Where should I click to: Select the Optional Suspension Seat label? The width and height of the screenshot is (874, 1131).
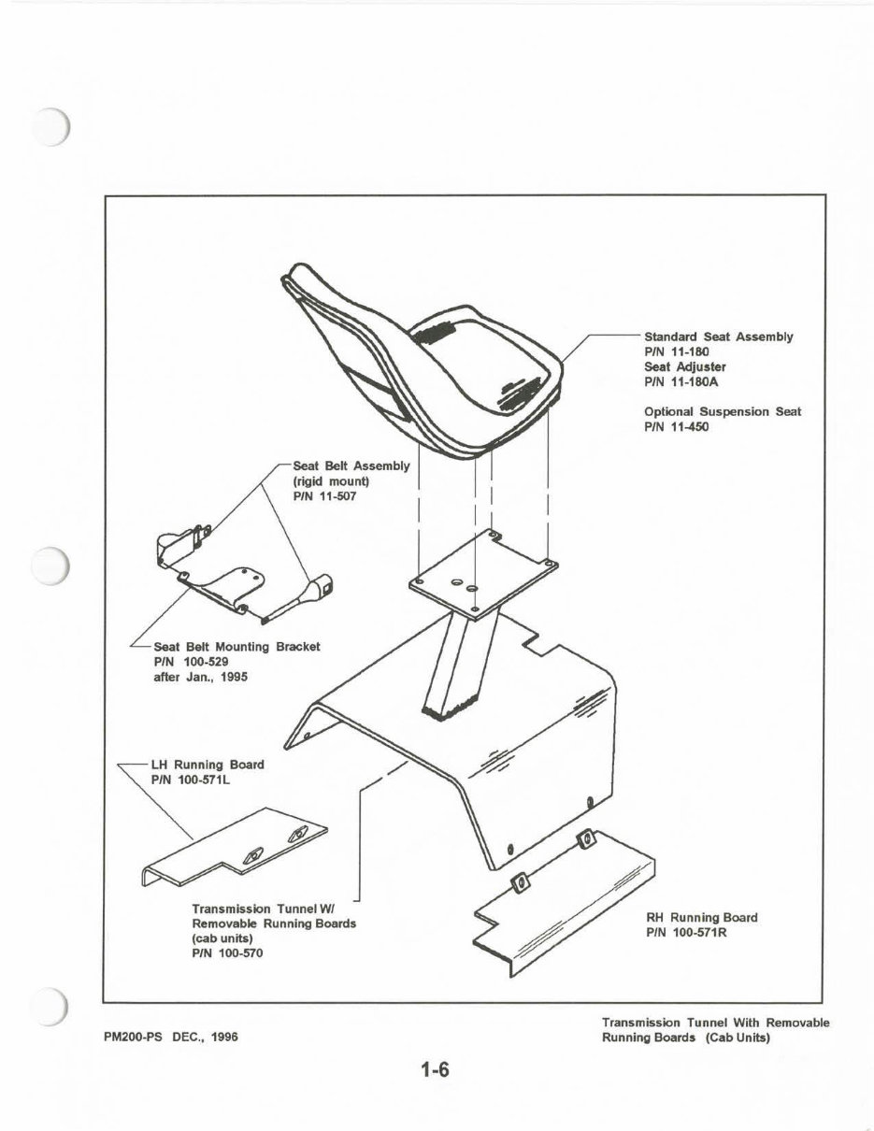[x=722, y=411]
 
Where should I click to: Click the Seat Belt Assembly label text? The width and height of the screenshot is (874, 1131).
[x=351, y=466]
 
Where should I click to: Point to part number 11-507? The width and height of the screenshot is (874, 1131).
[x=324, y=496]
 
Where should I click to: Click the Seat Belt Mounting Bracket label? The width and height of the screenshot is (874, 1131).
[x=236, y=646]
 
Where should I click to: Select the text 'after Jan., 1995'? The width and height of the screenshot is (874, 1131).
[x=200, y=676]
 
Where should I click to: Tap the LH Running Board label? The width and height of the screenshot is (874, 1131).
[x=207, y=764]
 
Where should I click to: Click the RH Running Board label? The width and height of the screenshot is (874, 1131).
[x=701, y=917]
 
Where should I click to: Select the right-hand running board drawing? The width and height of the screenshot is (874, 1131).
[x=561, y=897]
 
